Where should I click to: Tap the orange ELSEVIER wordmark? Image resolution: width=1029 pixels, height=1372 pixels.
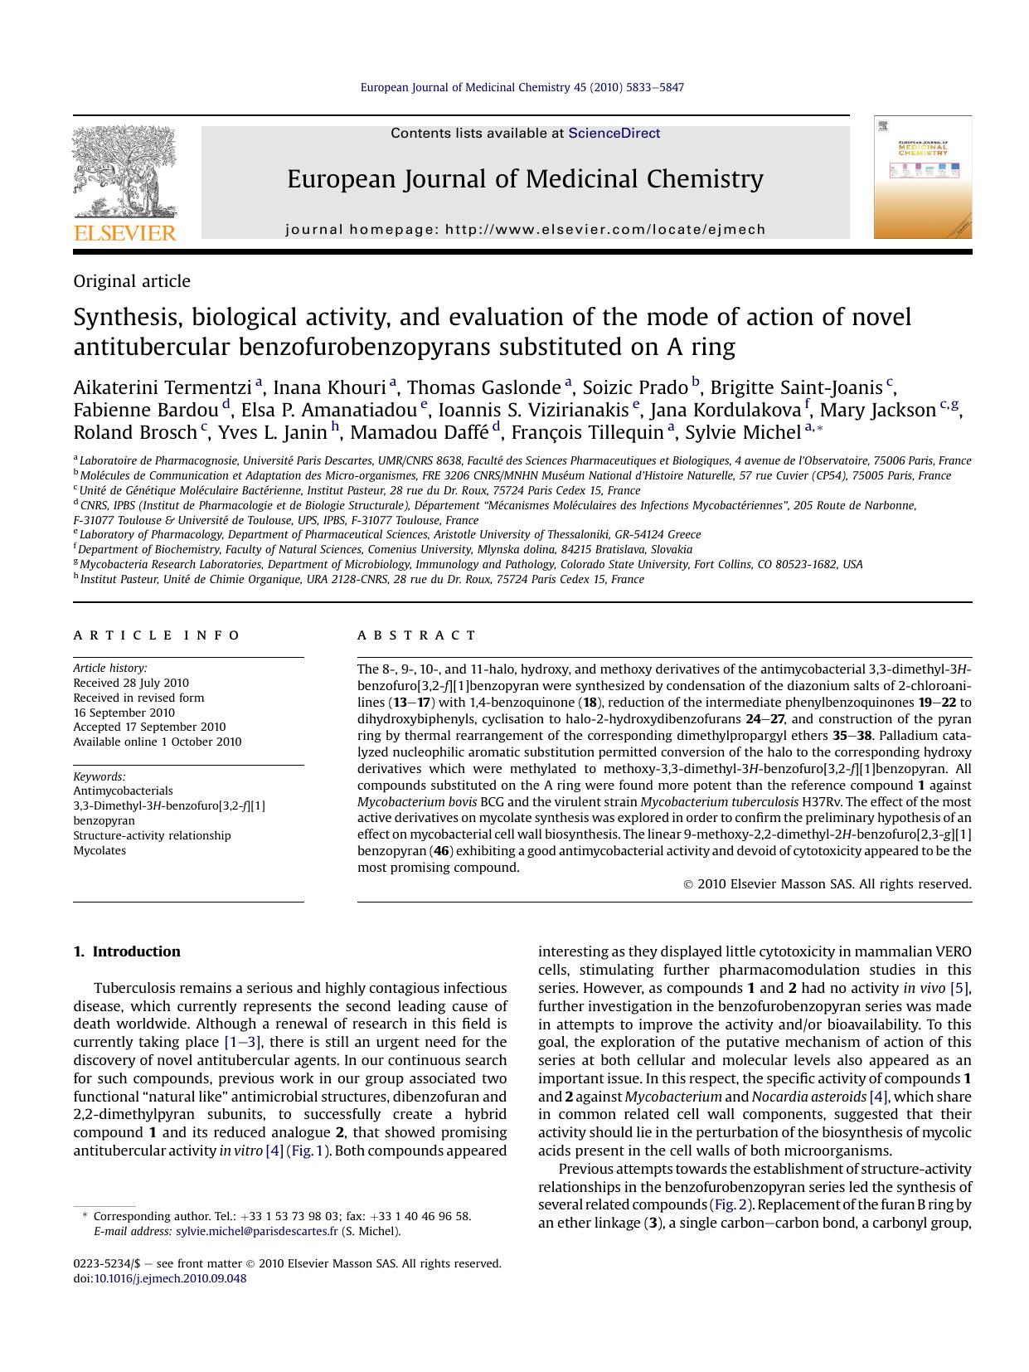(125, 233)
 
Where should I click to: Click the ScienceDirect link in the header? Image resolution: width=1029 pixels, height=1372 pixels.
(614, 133)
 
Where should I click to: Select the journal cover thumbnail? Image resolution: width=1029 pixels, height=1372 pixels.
(922, 178)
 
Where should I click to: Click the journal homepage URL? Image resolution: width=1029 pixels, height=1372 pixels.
(605, 230)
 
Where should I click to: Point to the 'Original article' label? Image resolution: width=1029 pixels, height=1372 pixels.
(132, 281)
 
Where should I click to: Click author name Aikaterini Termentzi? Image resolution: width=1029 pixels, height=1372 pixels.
(162, 387)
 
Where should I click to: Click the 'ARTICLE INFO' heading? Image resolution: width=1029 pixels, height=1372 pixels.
(157, 635)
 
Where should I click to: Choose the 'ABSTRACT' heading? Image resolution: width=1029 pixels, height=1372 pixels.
(417, 635)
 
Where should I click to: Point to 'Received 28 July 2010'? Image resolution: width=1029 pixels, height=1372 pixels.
(131, 683)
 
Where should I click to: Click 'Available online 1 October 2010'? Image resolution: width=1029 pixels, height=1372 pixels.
(158, 742)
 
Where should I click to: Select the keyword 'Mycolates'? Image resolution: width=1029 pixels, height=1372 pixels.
(100, 850)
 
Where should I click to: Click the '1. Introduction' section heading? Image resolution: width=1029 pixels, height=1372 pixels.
(127, 951)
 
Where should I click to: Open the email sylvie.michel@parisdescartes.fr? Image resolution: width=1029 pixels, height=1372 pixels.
(257, 1231)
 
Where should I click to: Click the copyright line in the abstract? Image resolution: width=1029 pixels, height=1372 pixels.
(827, 884)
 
